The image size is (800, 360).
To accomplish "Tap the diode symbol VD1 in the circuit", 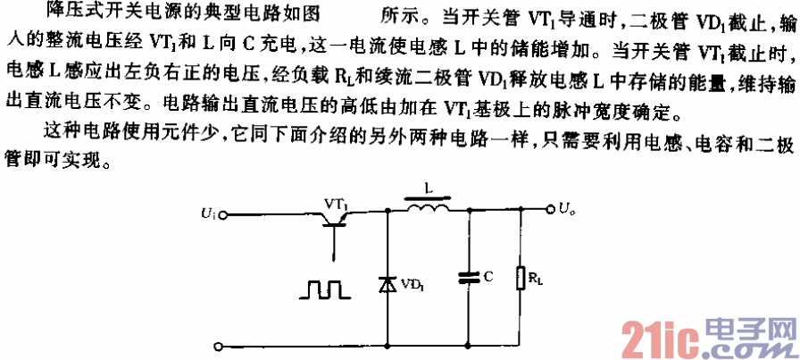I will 388,284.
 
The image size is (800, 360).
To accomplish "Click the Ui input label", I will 207,213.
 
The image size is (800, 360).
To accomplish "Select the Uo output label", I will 568,210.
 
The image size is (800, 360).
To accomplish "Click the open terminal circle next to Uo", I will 550,211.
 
